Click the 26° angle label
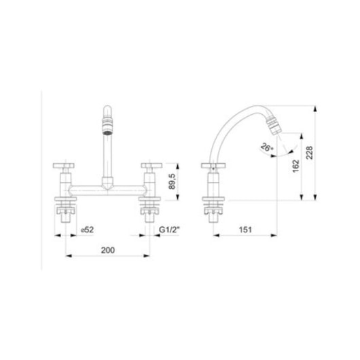pos(266,147)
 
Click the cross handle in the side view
pos(214,166)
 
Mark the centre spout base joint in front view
pos(107,183)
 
